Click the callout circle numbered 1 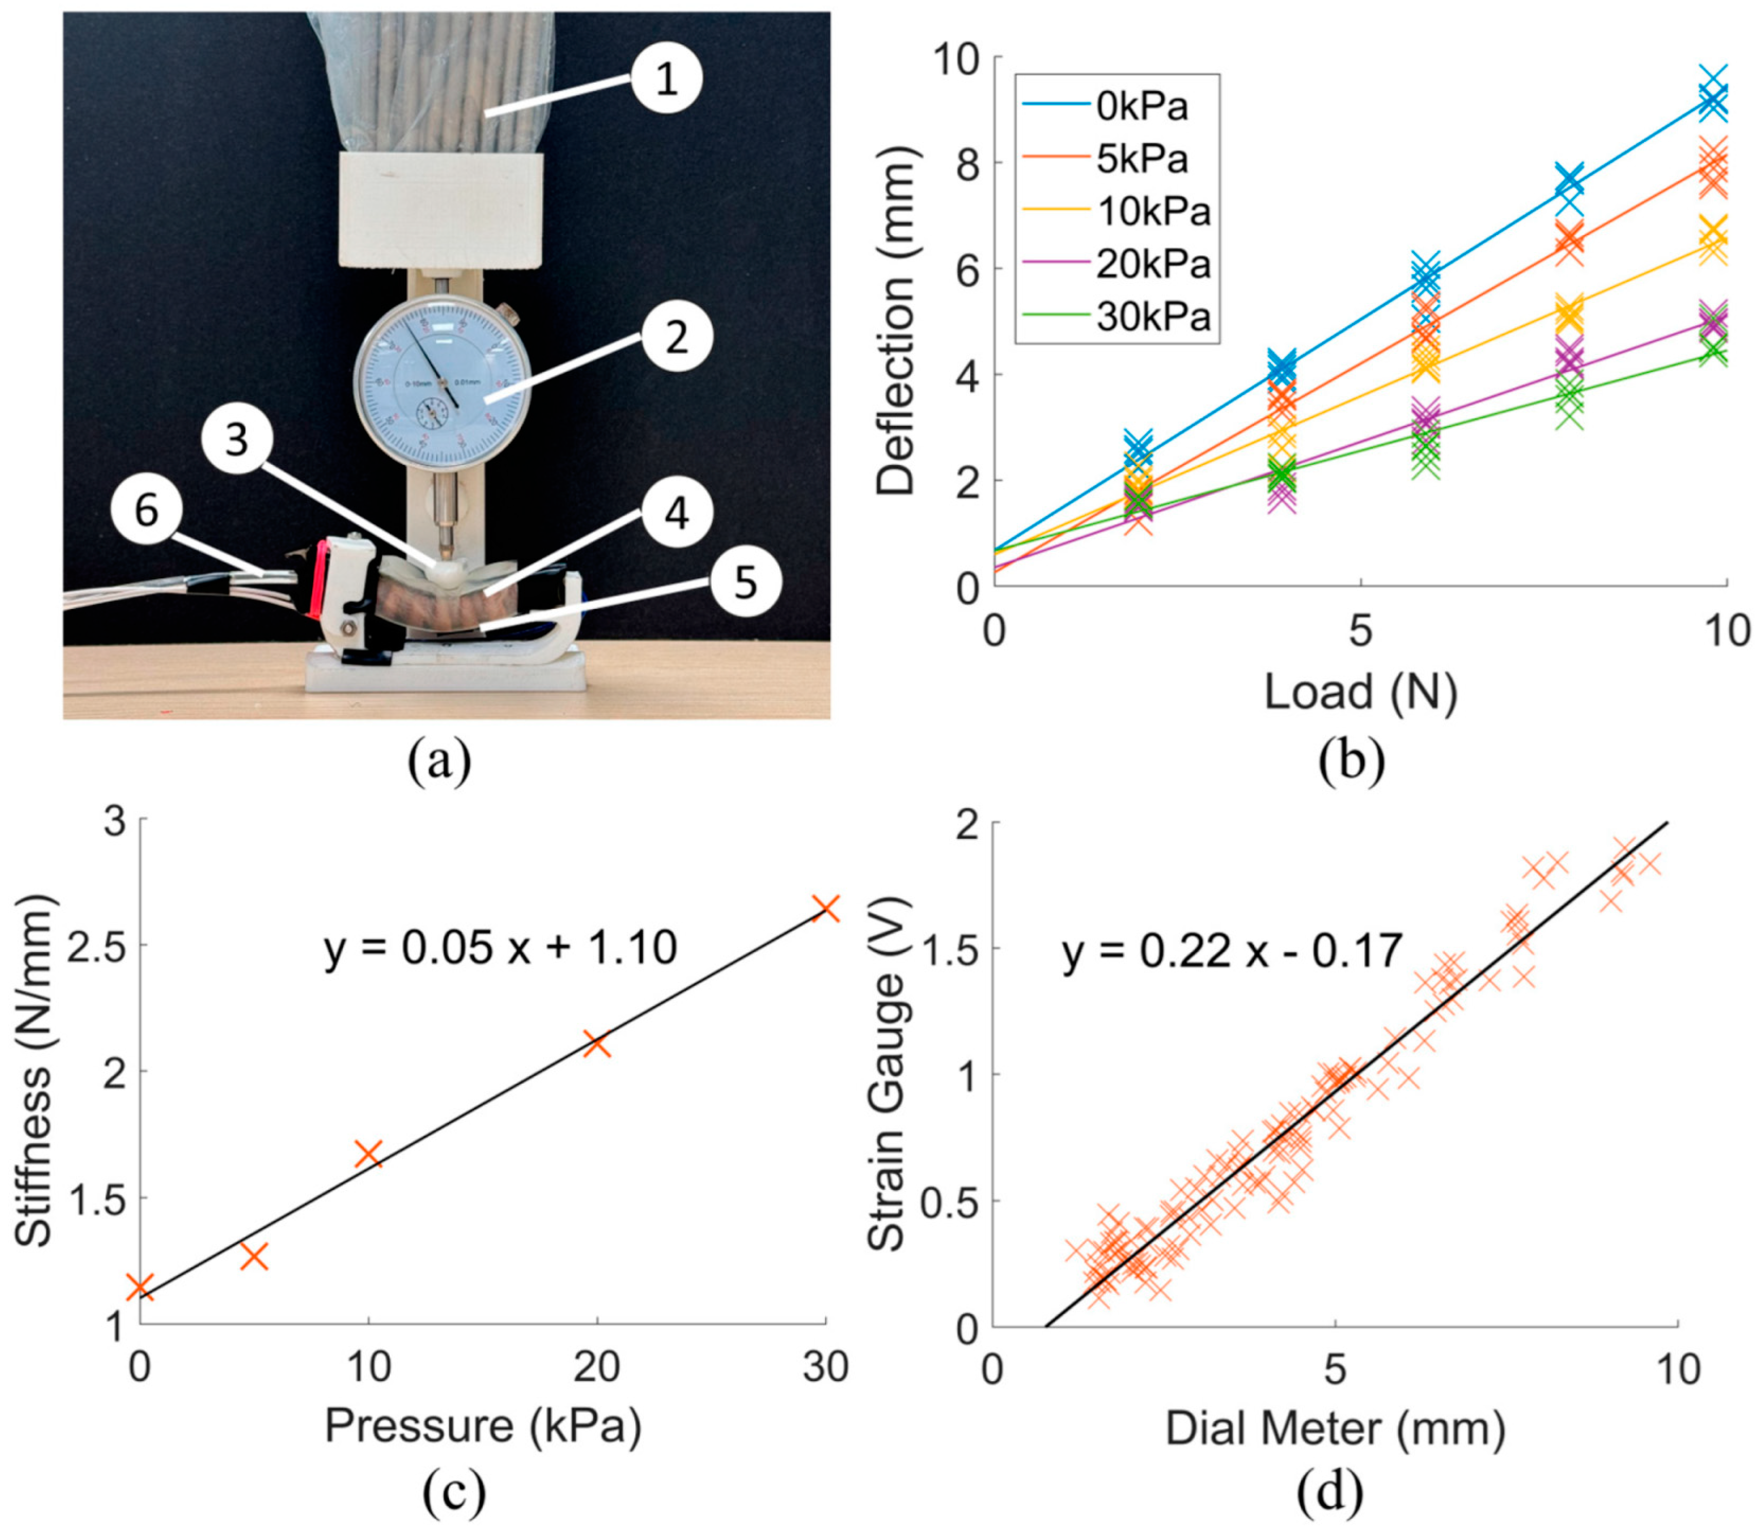pyautogui.click(x=667, y=79)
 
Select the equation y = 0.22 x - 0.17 pyautogui.click(x=1233, y=951)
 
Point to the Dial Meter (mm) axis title pyautogui.click(x=1334, y=1428)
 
